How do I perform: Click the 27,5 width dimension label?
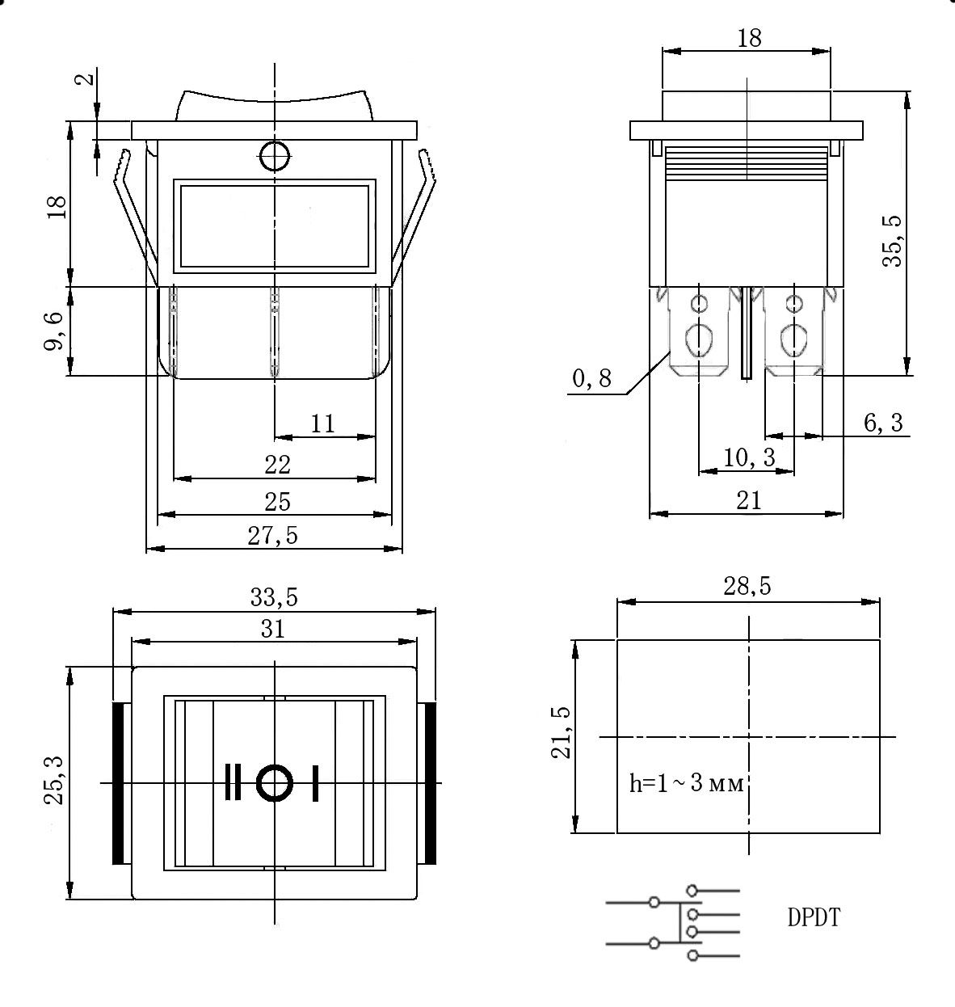(x=272, y=536)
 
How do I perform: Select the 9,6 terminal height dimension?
(x=54, y=331)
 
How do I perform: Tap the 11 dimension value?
(x=322, y=423)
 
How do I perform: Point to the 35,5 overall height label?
(x=894, y=241)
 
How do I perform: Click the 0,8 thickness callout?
(x=592, y=378)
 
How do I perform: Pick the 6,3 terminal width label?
(x=883, y=423)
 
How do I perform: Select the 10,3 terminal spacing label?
(x=749, y=457)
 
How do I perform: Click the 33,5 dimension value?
(x=274, y=597)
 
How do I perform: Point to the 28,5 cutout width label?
(x=747, y=587)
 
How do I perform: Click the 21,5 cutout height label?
(x=561, y=733)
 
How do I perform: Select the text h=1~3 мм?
(x=686, y=783)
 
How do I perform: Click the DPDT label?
(x=814, y=918)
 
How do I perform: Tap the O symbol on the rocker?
(x=274, y=782)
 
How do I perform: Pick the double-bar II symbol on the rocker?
(x=233, y=782)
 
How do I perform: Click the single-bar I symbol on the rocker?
(x=315, y=782)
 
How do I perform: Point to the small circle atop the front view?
(x=275, y=155)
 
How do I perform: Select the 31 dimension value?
(x=274, y=629)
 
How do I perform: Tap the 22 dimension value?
(x=277, y=465)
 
